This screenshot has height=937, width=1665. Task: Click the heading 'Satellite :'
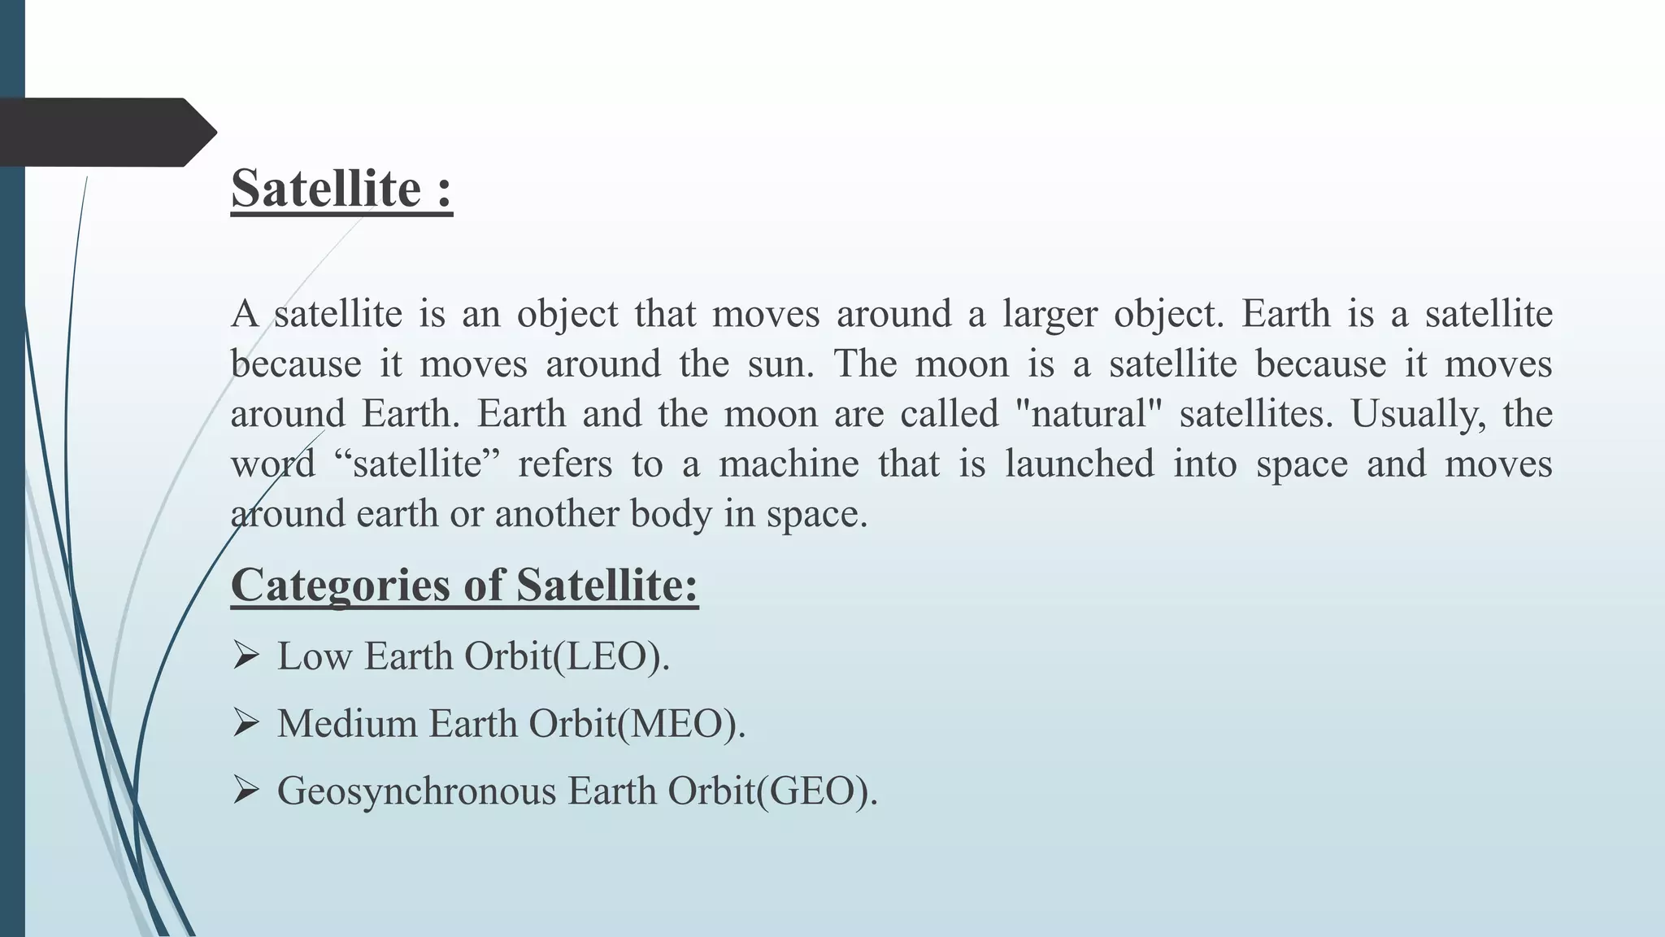(341, 189)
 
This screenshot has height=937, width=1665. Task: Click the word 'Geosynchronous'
(416, 791)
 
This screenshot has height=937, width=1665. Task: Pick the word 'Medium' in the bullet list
(347, 724)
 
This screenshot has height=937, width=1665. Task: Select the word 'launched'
(1080, 464)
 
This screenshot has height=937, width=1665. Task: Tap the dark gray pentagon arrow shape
(106, 132)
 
